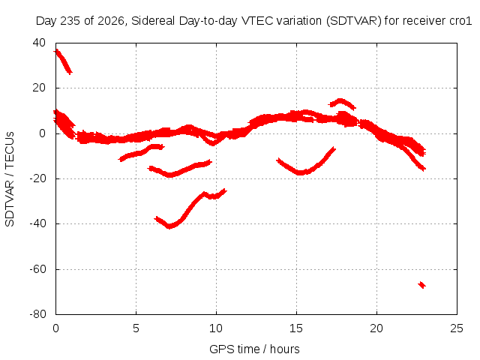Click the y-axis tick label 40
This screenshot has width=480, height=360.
point(39,43)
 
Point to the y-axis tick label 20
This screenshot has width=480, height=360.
point(39,88)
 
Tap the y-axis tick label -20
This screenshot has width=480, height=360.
point(37,178)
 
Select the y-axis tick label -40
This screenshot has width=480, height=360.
point(37,223)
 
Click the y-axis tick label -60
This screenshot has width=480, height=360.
point(37,269)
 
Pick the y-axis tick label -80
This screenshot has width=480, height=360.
point(37,314)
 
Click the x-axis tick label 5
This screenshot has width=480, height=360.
point(136,328)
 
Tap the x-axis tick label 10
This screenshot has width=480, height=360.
point(216,328)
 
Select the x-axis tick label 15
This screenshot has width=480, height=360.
point(296,328)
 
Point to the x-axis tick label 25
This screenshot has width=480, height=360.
point(457,328)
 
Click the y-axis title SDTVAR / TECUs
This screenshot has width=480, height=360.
point(10,179)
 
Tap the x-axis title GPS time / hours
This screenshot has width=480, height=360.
point(254,349)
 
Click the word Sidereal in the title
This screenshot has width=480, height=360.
point(153,21)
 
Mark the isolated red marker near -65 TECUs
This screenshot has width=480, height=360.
point(421,285)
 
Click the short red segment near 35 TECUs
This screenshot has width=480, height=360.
point(63,61)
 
